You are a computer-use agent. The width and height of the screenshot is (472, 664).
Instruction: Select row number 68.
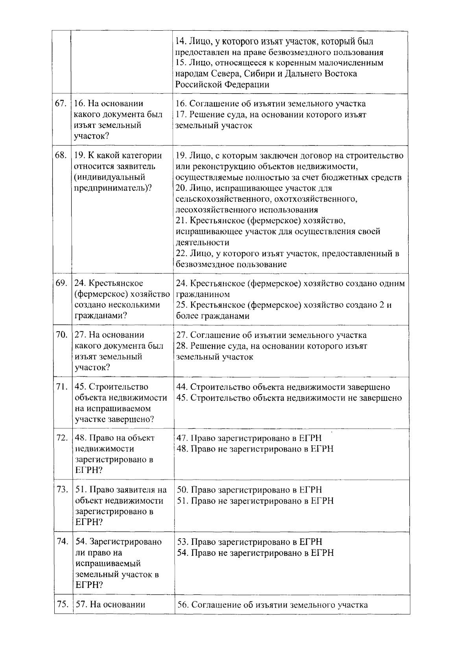pyautogui.click(x=61, y=155)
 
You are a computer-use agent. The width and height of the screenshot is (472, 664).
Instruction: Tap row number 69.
pyautogui.click(x=61, y=283)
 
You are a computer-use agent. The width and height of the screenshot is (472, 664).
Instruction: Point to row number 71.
pyautogui.click(x=61, y=387)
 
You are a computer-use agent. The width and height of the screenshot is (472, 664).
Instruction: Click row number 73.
pyautogui.click(x=62, y=490)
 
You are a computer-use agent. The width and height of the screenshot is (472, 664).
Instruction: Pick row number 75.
pyautogui.click(x=63, y=605)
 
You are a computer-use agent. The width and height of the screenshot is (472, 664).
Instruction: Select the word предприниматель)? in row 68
pyautogui.click(x=113, y=188)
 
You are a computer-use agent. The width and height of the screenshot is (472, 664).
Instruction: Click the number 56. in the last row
pyautogui.click(x=183, y=605)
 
